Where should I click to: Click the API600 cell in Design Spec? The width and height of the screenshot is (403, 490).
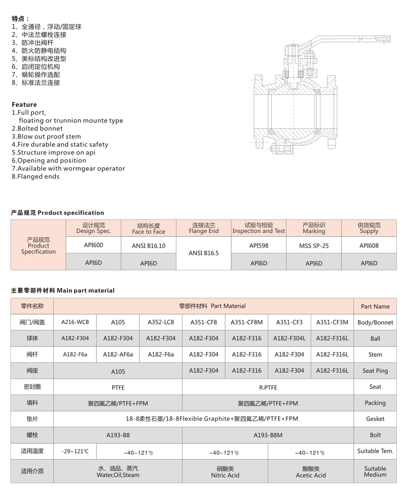[93, 245]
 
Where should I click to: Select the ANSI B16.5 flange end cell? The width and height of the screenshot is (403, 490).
[203, 254]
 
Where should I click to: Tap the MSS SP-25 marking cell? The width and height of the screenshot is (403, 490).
[314, 245]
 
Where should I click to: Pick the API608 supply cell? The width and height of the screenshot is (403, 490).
[369, 245]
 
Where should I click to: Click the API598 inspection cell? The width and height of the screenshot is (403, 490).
[258, 245]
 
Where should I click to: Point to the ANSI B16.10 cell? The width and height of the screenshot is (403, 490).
[148, 246]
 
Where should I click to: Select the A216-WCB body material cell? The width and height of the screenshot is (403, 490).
[75, 322]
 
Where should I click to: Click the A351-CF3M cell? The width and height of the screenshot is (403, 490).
[332, 322]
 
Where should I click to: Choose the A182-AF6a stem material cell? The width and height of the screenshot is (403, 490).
[118, 355]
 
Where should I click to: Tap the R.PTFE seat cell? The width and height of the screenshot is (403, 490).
[268, 387]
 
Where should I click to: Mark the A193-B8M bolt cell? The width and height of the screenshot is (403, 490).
[268, 435]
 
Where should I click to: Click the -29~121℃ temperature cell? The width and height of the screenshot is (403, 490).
[75, 451]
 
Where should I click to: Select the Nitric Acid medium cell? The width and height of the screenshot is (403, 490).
[225, 471]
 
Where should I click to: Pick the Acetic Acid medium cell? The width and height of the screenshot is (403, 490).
[311, 471]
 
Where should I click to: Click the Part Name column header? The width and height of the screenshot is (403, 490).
[375, 306]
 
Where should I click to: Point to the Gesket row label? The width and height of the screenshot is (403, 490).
[375, 419]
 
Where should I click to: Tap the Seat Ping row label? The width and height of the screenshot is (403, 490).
[375, 371]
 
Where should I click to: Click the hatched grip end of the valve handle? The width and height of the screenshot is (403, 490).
[383, 39]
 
